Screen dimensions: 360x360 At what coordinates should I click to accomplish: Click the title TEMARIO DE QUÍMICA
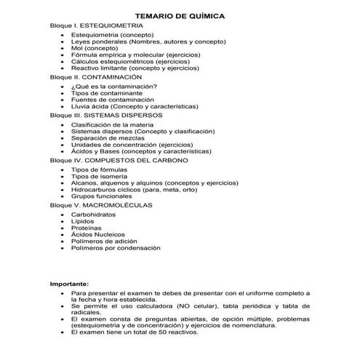click(x=179, y=15)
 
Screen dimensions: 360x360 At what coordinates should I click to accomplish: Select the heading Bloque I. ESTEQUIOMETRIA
click(x=92, y=25)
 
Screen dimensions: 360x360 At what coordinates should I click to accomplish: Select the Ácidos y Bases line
click(x=141, y=151)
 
